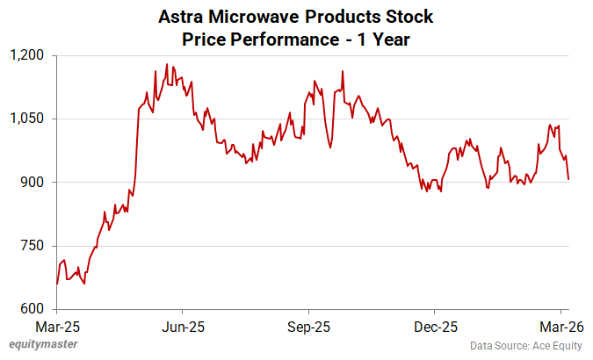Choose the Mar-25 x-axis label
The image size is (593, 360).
[x=57, y=326]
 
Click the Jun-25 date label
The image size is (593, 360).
[x=183, y=326]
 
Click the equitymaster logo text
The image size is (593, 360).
[x=41, y=346]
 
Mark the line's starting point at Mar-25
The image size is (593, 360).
[x=57, y=284]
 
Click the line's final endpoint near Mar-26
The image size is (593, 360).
[x=568, y=180]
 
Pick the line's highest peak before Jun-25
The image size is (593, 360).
[x=166, y=64]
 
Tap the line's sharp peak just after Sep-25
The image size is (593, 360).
[x=343, y=71]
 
